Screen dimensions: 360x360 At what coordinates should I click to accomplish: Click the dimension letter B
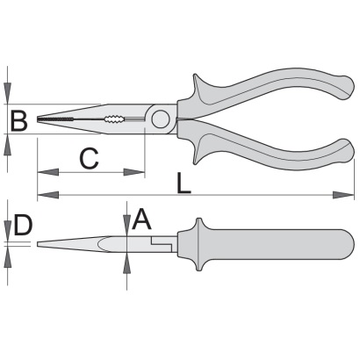(x=19, y=120)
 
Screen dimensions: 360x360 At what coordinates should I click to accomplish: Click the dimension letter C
(x=89, y=159)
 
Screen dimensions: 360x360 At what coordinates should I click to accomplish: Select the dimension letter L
(x=184, y=184)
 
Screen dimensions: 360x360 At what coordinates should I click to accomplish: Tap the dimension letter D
(x=23, y=225)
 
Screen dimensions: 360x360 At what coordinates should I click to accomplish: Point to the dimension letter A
(x=142, y=219)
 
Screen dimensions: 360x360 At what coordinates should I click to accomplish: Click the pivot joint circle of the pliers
(x=161, y=119)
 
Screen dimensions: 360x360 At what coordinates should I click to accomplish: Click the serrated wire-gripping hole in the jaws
(x=114, y=119)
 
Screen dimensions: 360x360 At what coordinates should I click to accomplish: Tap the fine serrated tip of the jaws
(x=55, y=119)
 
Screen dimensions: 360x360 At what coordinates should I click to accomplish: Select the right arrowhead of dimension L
(x=343, y=195)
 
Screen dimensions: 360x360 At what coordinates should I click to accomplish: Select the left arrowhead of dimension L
(x=48, y=195)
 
